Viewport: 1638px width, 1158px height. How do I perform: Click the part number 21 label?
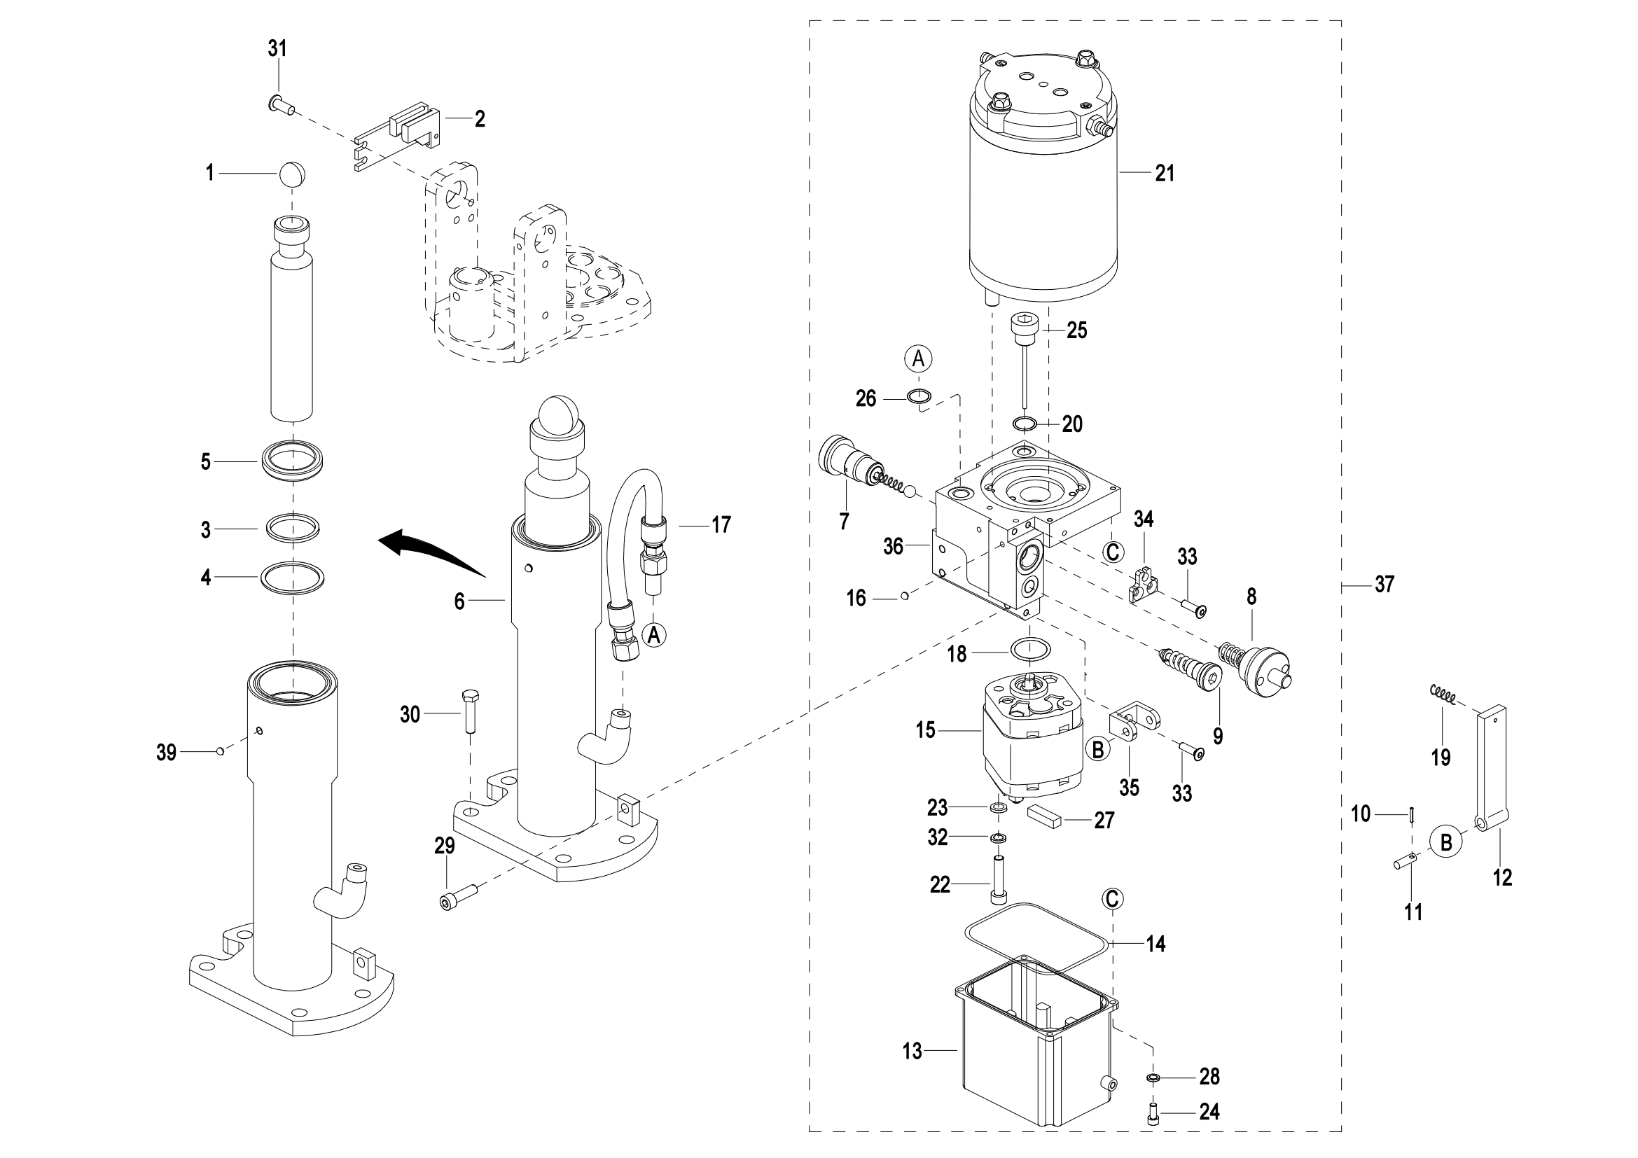tap(1165, 173)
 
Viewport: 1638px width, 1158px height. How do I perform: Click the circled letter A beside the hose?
tap(654, 634)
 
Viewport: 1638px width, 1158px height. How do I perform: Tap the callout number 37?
tap(1384, 585)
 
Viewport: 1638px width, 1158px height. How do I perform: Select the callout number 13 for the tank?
tap(912, 1051)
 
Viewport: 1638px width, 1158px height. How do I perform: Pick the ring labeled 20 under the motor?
tap(1025, 424)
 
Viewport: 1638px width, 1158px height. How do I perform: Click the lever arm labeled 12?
tap(1492, 770)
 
